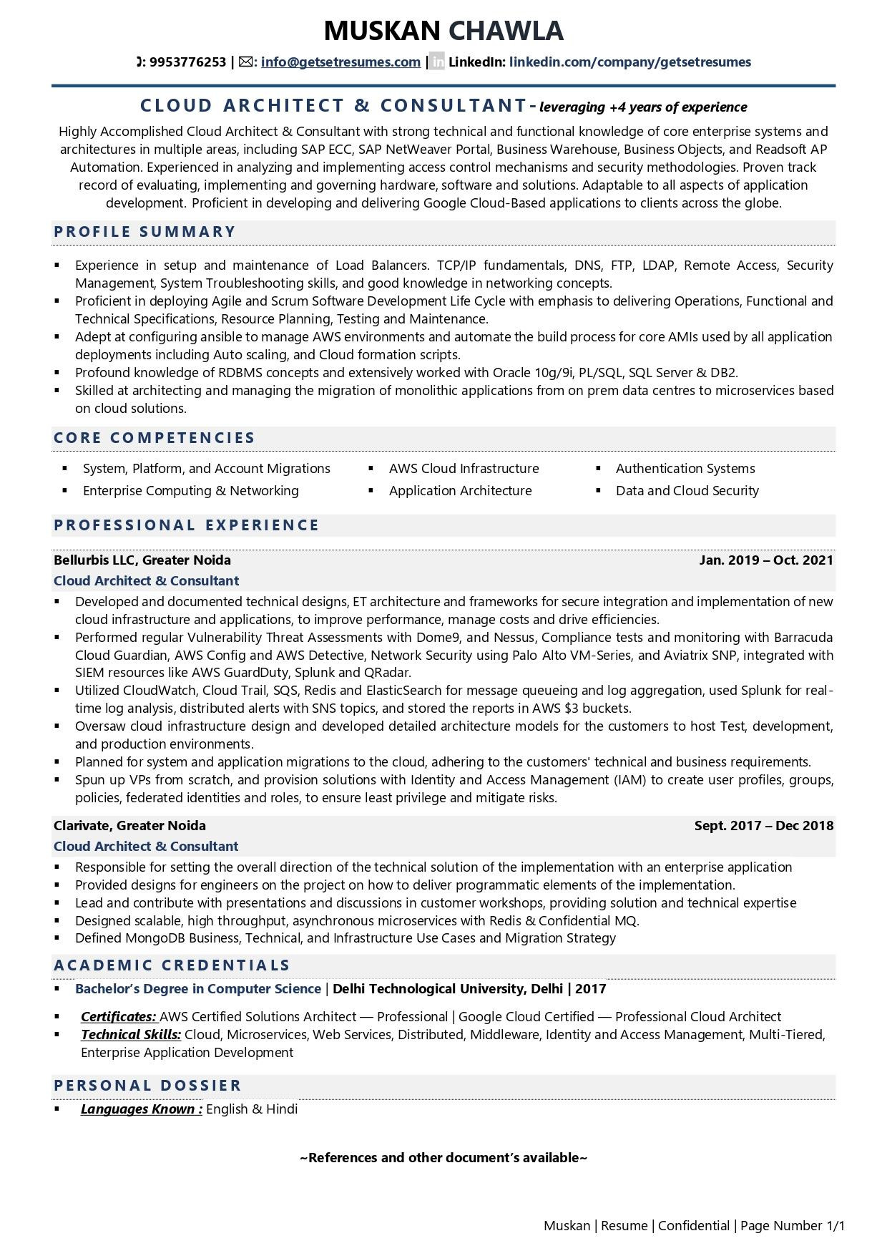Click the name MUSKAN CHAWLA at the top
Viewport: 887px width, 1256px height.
pyautogui.click(x=443, y=31)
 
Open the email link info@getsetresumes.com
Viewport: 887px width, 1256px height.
pyautogui.click(x=340, y=62)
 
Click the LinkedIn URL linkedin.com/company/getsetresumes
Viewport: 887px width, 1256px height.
pyautogui.click(x=629, y=62)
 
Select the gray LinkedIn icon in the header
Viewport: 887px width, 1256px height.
pyautogui.click(x=437, y=62)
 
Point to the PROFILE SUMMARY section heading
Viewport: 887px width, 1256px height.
pyautogui.click(x=144, y=232)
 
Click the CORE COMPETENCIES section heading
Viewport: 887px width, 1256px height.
pyautogui.click(x=155, y=438)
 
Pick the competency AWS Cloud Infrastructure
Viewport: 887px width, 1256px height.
pyautogui.click(x=464, y=469)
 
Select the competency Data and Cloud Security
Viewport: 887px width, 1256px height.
pyautogui.click(x=687, y=491)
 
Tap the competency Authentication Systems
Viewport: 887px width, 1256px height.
pyautogui.click(x=685, y=469)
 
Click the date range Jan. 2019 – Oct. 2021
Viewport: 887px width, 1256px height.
pyautogui.click(x=765, y=560)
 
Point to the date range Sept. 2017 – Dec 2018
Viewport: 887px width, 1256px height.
pyautogui.click(x=763, y=826)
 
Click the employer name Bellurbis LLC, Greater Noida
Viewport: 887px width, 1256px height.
pyautogui.click(x=142, y=560)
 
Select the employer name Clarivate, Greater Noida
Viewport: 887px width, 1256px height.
pyautogui.click(x=129, y=826)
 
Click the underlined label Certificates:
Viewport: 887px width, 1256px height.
pyautogui.click(x=119, y=1017)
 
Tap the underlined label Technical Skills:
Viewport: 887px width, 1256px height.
pyautogui.click(x=131, y=1035)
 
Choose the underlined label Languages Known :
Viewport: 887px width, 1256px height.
pyautogui.click(x=142, y=1109)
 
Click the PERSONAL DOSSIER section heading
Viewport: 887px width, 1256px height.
pyautogui.click(x=147, y=1086)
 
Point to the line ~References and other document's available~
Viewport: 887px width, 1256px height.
pyautogui.click(x=443, y=1158)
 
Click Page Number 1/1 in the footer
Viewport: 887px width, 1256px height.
pyautogui.click(x=793, y=1226)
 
